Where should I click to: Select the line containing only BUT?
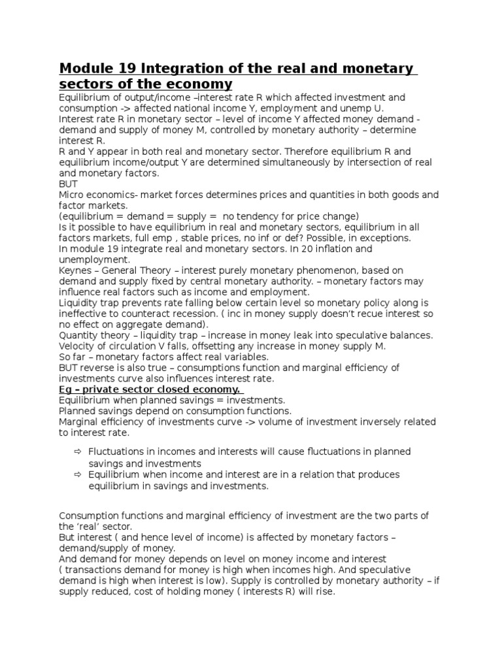(x=68, y=184)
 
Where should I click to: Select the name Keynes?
(x=75, y=270)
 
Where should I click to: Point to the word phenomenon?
(x=330, y=270)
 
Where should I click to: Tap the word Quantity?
(x=78, y=334)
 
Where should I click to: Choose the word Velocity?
(x=78, y=346)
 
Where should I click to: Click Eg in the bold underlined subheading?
(x=65, y=389)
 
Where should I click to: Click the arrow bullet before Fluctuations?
(x=76, y=452)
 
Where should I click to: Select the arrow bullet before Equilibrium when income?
(x=76, y=475)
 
